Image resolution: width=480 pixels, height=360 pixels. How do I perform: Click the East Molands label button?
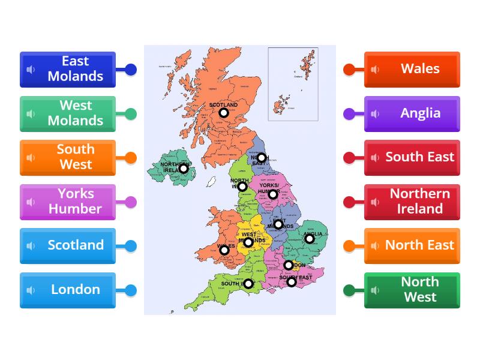68,69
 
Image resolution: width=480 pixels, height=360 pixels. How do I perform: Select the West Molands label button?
68,113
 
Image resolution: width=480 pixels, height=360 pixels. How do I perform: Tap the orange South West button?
68,157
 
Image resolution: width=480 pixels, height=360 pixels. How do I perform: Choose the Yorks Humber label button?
68,202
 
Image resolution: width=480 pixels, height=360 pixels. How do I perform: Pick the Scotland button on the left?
68,245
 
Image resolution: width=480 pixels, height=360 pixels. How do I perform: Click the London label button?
68,290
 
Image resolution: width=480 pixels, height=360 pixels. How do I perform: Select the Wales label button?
412,69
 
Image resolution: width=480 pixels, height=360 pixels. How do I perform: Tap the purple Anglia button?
412,113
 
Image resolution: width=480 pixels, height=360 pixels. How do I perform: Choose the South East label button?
412,157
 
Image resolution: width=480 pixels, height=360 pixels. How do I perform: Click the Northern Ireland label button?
412,202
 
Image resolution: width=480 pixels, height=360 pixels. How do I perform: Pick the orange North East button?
412,245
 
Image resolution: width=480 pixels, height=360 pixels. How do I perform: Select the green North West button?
412,290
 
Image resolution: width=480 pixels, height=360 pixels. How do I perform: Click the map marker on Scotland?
223,113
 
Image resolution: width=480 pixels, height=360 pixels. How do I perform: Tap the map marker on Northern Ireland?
184,169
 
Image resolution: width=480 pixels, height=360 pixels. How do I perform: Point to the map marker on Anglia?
310,239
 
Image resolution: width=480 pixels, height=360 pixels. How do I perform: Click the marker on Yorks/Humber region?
272,194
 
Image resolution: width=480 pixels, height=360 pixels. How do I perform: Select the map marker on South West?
248,284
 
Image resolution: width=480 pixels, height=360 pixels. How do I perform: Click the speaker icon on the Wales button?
375,70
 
